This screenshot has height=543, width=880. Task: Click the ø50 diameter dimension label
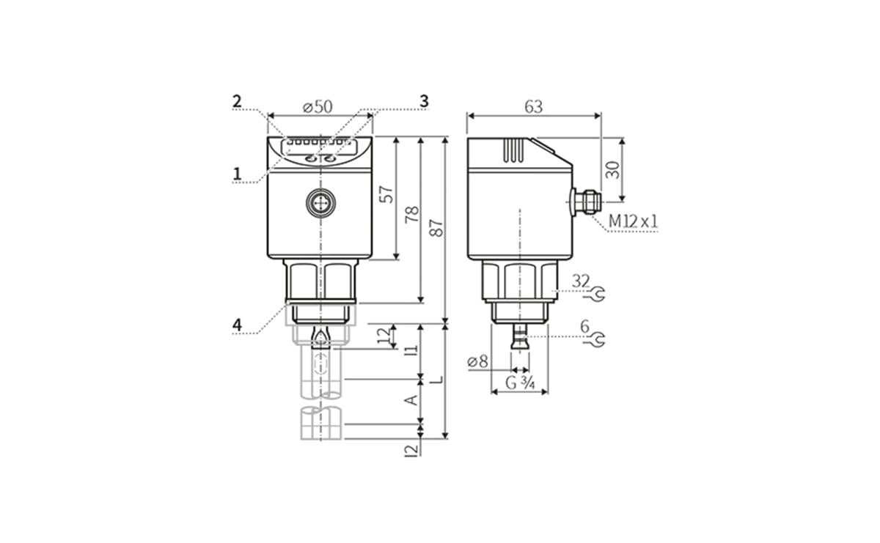(318, 106)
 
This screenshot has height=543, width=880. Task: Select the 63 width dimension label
(533, 106)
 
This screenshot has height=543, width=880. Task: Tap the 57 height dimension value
(386, 194)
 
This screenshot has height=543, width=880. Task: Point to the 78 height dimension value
(412, 214)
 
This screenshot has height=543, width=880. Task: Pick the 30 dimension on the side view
(613, 169)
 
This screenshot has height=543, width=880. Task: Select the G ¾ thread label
(519, 382)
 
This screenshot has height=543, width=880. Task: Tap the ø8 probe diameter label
(477, 361)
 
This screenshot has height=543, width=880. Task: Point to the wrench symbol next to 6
(598, 339)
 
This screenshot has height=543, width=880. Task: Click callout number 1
(237, 174)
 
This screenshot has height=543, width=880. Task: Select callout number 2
(237, 102)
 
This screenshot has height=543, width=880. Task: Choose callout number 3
(423, 101)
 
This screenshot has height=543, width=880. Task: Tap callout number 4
(237, 324)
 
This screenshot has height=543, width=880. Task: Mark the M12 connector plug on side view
(585, 201)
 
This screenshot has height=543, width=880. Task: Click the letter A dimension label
(411, 399)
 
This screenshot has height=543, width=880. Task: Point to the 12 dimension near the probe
(384, 336)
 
